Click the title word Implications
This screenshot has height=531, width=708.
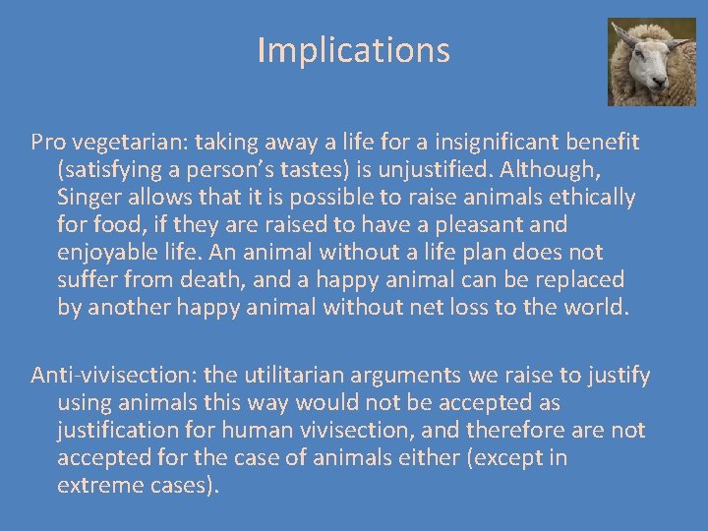pyautogui.click(x=353, y=50)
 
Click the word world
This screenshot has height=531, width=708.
pyautogui.click(x=593, y=308)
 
